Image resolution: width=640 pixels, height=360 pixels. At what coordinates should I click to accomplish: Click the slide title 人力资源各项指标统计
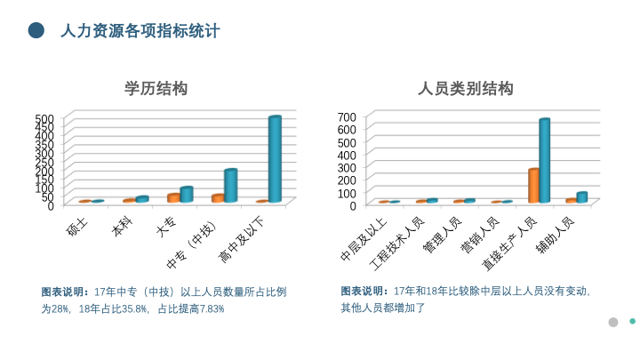tap(140, 32)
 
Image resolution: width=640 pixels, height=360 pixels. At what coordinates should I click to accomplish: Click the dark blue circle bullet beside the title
tap(36, 31)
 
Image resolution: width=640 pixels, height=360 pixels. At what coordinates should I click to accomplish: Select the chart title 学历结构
tap(156, 89)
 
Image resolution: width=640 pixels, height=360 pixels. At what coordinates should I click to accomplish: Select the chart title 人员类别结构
tap(466, 89)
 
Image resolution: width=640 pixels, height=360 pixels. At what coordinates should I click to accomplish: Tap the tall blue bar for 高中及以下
tap(275, 160)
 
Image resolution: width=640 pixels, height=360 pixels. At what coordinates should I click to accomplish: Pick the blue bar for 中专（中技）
tap(230, 185)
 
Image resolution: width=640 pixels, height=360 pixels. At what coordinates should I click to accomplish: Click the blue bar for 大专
tap(187, 194)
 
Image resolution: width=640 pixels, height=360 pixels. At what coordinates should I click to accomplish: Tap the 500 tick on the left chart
tap(45, 118)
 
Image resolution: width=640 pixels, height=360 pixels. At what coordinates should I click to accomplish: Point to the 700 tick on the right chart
tap(347, 116)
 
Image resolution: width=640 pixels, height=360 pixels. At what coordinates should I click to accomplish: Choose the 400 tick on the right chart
tap(347, 154)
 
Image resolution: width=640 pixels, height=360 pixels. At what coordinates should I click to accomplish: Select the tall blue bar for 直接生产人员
tap(544, 161)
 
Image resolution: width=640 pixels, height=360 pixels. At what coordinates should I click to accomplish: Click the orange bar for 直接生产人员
tap(533, 185)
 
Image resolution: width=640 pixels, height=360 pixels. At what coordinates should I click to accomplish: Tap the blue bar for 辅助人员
tap(581, 197)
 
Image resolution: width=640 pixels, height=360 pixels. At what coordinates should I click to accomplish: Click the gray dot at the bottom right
tap(612, 322)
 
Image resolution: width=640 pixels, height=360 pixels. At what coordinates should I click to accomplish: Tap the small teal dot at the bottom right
tap(632, 321)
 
